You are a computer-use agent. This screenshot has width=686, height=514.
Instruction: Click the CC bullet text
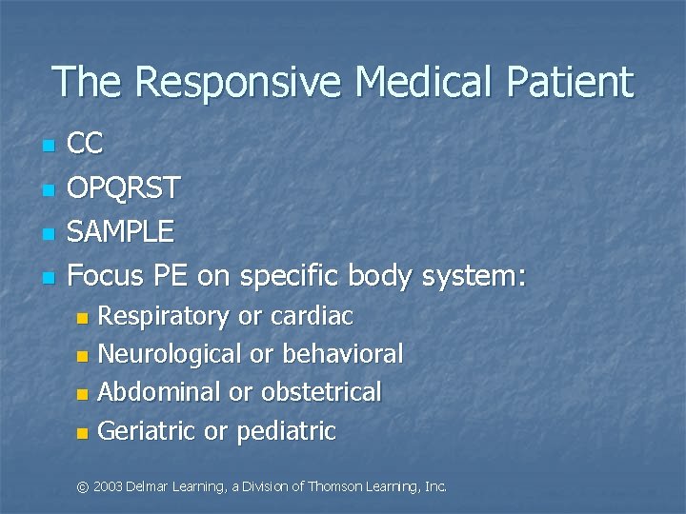pyautogui.click(x=87, y=145)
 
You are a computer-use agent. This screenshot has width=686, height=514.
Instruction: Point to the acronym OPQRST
pyautogui.click(x=125, y=188)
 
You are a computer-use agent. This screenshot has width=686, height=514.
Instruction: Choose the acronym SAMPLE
pyautogui.click(x=122, y=231)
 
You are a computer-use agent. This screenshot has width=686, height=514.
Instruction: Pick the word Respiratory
pyautogui.click(x=164, y=316)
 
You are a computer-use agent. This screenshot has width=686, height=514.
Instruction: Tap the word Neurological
pyautogui.click(x=170, y=354)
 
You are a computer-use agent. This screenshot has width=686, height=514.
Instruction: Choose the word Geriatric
pyautogui.click(x=147, y=431)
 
